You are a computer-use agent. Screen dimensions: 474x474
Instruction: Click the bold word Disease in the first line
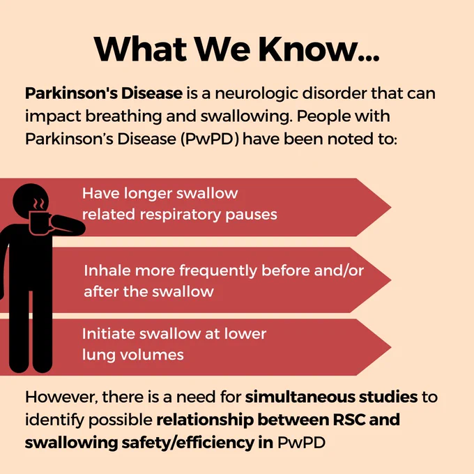click(x=152, y=93)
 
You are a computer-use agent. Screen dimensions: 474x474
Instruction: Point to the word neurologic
click(x=257, y=93)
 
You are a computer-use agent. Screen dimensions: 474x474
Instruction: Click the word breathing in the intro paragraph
click(x=123, y=116)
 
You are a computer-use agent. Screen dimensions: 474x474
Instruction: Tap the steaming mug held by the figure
click(x=40, y=223)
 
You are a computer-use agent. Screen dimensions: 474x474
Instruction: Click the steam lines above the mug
click(x=39, y=204)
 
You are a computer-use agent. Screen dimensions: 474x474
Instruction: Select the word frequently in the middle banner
click(x=218, y=271)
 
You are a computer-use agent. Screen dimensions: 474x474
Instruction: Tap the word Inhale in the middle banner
click(x=107, y=270)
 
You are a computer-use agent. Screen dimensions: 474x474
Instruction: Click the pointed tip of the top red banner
click(x=391, y=208)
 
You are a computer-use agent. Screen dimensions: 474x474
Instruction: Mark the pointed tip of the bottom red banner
click(x=391, y=347)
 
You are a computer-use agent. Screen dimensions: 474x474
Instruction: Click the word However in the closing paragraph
click(x=61, y=397)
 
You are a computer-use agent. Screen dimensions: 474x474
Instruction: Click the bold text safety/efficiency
click(x=188, y=443)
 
